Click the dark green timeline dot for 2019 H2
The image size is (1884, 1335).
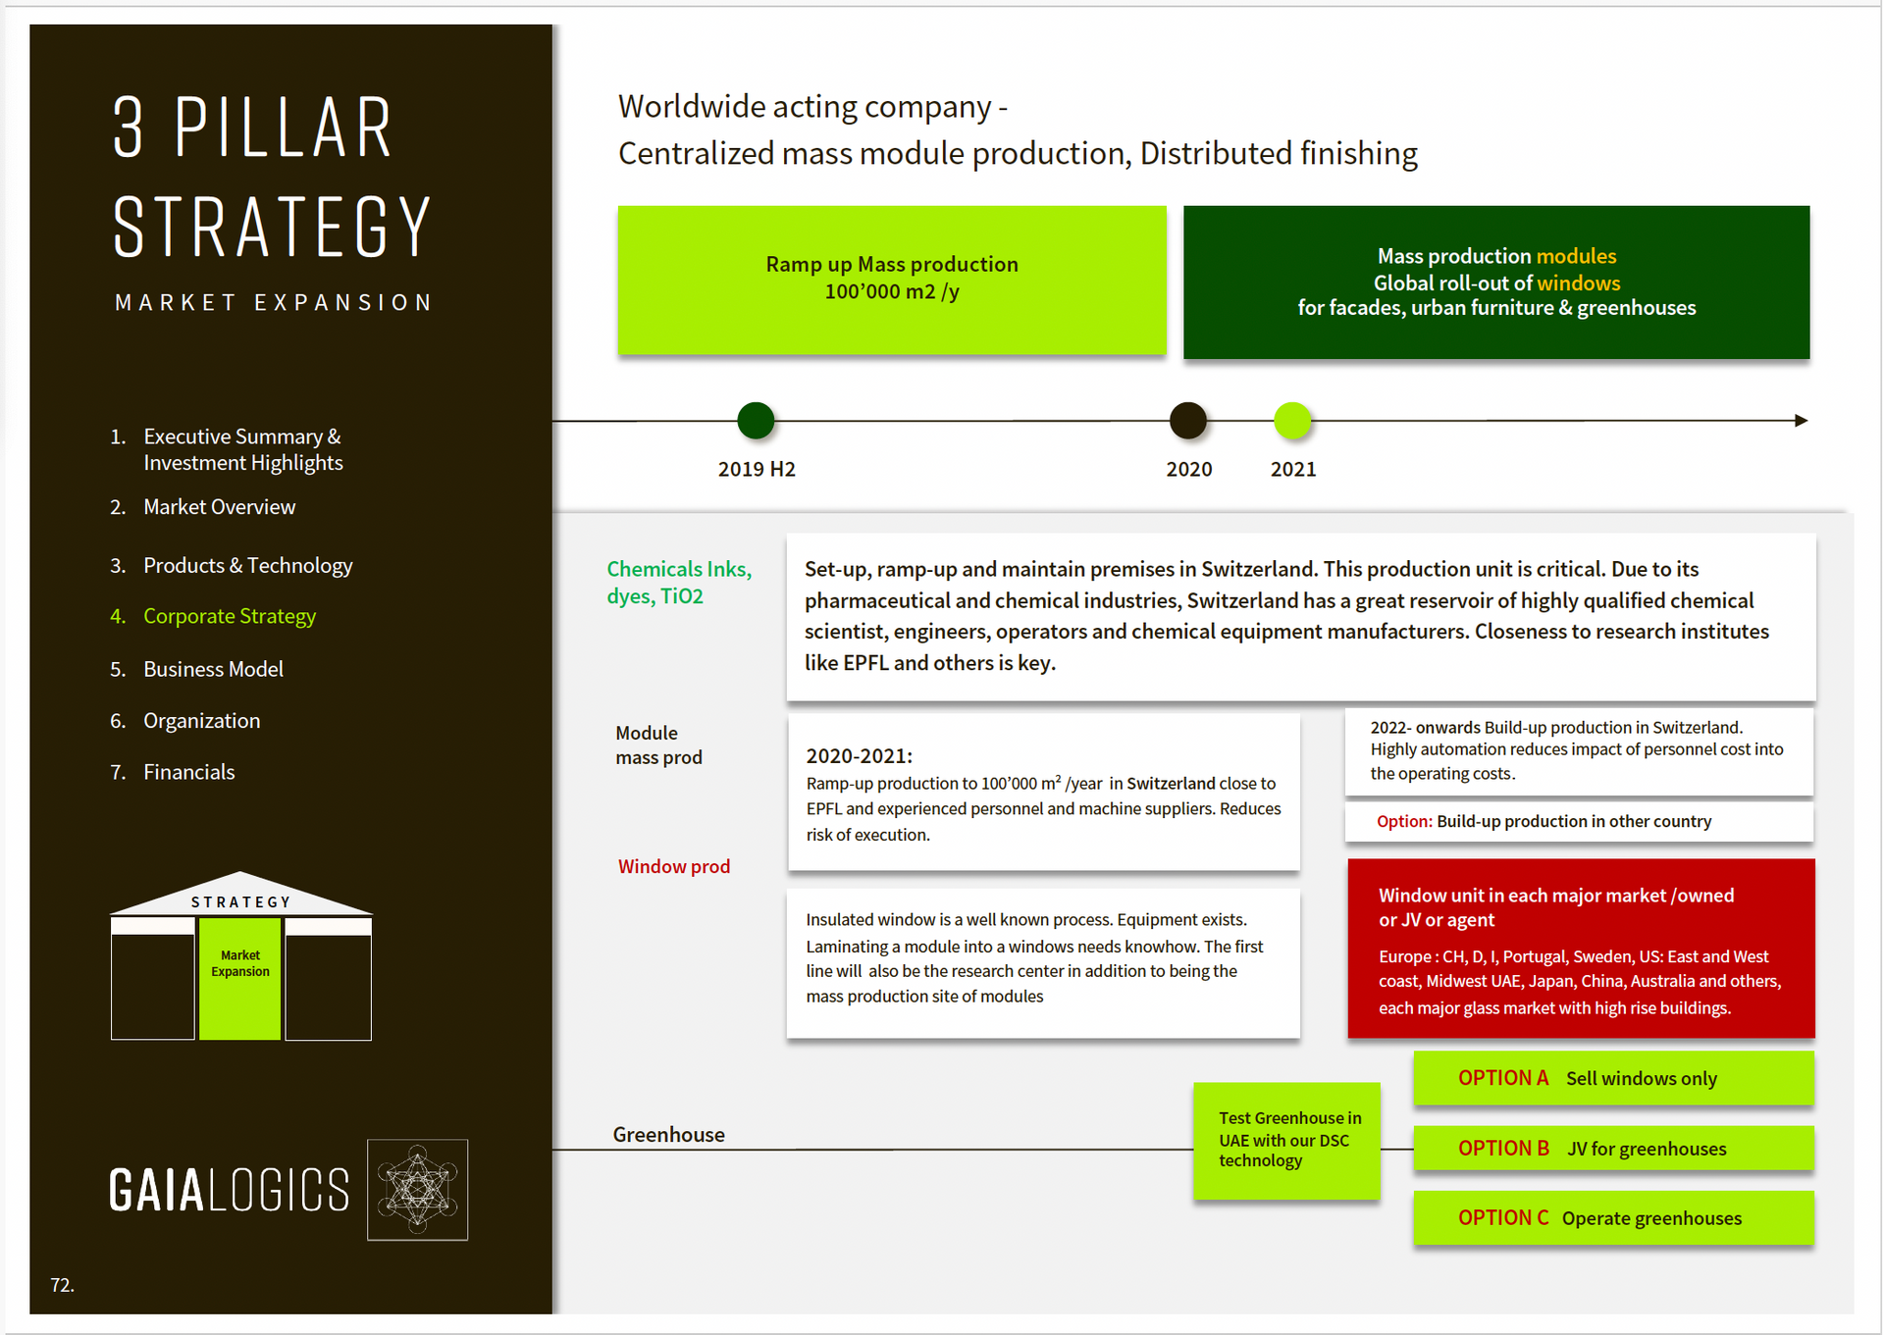pos(756,421)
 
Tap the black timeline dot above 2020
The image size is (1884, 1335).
pos(1188,421)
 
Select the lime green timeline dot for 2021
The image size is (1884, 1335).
pos(1292,421)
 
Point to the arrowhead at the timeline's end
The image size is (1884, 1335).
pos(1802,421)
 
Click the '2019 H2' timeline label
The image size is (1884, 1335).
pos(757,469)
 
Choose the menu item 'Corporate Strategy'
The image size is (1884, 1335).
pos(230,616)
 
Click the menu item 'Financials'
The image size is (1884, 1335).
pos(189,772)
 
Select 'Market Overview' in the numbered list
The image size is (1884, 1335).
pos(220,507)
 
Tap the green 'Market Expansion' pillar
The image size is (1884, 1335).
pos(240,979)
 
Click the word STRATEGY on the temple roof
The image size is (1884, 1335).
pos(241,902)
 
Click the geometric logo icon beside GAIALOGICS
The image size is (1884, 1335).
pos(418,1190)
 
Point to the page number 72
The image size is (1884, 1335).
pos(62,1285)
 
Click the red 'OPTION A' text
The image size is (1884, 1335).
pos(1503,1078)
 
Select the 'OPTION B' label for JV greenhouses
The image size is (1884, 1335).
pos(1503,1148)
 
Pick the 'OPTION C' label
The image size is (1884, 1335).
pos(1503,1217)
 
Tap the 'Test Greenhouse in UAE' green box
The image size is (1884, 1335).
pos(1286,1141)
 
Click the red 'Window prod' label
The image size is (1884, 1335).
pos(674,866)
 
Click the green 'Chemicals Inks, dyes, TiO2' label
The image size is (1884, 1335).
pos(679,583)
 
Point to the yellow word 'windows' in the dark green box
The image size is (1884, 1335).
pos(1579,282)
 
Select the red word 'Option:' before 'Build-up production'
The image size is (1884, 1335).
pos(1404,821)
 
